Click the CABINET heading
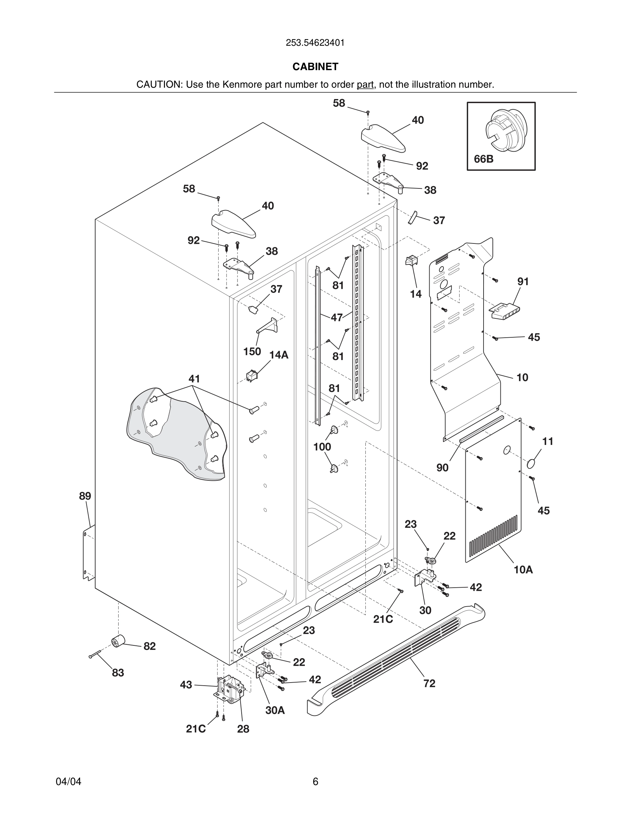[315, 67]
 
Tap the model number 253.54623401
[315, 43]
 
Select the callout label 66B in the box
[483, 159]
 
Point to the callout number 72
[429, 684]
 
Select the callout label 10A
[523, 570]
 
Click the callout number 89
[85, 496]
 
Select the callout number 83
[118, 673]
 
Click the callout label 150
[252, 352]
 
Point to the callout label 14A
[279, 355]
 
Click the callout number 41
[194, 379]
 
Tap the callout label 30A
[275, 710]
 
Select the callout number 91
[523, 281]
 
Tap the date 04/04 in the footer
[68, 782]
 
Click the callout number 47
[336, 318]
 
